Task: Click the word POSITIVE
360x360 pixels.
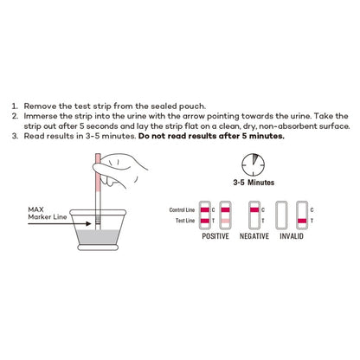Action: click(x=215, y=235)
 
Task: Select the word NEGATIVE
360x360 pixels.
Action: click(x=255, y=235)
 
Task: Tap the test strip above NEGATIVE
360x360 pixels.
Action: click(x=254, y=215)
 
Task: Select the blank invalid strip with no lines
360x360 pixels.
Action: click(x=279, y=215)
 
